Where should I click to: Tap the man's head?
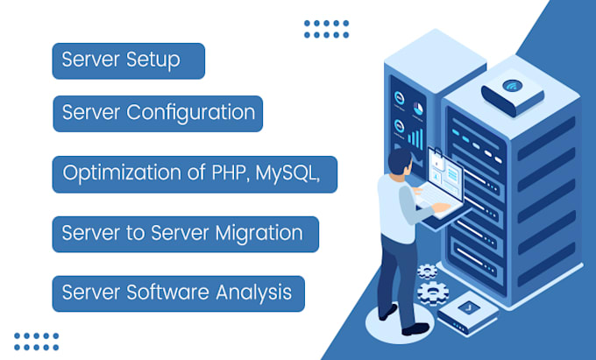[399, 163]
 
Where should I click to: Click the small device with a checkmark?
[464, 309]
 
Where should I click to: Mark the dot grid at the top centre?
[326, 29]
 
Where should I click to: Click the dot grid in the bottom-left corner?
[37, 340]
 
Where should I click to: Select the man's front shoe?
[416, 328]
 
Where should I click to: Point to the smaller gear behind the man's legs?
[427, 271]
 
